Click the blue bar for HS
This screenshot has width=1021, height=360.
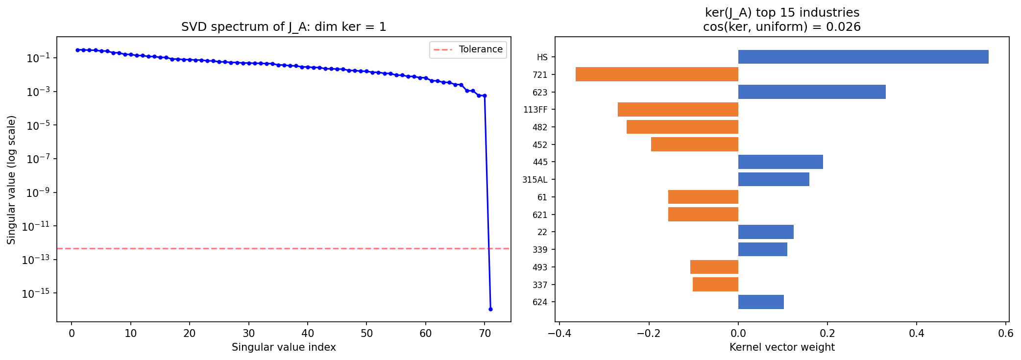tap(863, 57)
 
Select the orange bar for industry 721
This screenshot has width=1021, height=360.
tap(656, 74)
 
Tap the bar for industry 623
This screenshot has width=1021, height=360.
tap(811, 92)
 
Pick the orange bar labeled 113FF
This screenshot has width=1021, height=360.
tap(678, 109)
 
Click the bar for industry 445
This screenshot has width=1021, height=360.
tap(780, 162)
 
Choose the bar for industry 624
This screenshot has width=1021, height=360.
tap(760, 302)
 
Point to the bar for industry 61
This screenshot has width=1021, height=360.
tap(703, 197)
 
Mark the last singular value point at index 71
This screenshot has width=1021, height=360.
tap(490, 309)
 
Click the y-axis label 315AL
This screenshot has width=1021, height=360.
tap(535, 180)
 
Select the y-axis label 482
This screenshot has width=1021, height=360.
tap(539, 127)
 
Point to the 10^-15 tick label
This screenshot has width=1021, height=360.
tap(36, 293)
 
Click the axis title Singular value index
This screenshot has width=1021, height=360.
tap(284, 347)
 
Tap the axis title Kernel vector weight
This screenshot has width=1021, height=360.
tap(782, 347)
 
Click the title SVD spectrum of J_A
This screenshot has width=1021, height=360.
tap(284, 27)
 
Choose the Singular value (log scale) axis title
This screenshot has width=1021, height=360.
tap(11, 179)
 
